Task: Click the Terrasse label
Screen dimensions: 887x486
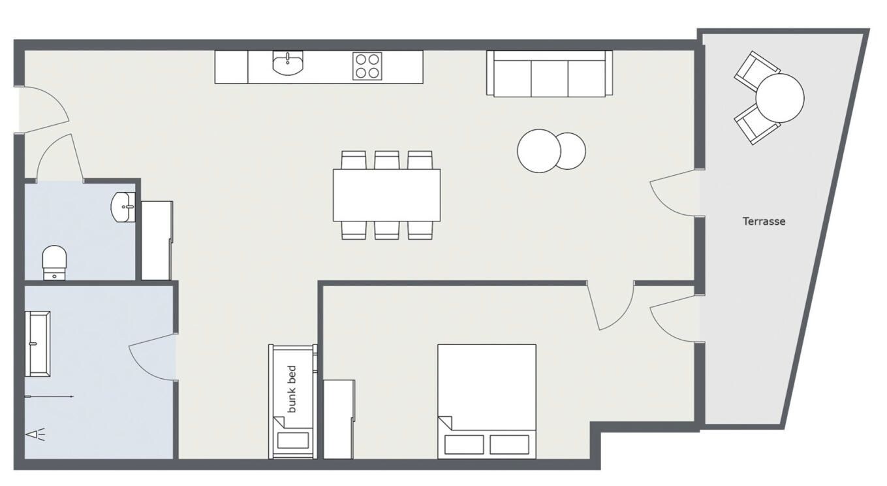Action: pos(764,221)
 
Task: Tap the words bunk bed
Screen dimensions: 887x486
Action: pos(292,389)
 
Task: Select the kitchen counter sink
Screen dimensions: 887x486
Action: pos(288,63)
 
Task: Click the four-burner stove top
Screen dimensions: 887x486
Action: pos(367,66)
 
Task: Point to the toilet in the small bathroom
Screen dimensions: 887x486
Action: pos(54,263)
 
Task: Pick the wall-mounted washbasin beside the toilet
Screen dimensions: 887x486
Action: pos(123,207)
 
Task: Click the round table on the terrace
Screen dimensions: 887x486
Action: pos(780,98)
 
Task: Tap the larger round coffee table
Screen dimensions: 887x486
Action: pos(539,151)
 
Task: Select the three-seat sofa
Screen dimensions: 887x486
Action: pos(549,74)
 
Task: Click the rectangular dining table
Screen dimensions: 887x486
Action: pos(386,195)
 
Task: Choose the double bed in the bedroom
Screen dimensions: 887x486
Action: pos(487,402)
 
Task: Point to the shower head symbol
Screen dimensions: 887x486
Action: pos(36,434)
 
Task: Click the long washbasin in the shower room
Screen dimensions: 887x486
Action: pos(38,344)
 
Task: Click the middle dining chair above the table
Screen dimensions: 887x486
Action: pos(387,160)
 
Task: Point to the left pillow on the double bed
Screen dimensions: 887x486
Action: pos(463,444)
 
